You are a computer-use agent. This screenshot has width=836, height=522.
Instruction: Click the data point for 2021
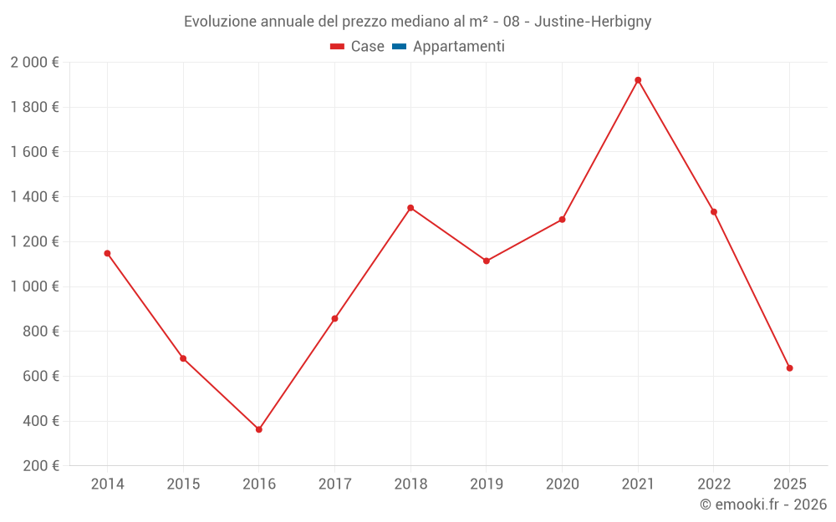(638, 80)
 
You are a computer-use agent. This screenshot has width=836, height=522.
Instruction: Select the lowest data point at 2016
(259, 429)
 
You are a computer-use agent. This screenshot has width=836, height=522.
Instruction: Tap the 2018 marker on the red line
(410, 208)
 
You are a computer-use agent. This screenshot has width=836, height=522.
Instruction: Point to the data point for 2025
(789, 368)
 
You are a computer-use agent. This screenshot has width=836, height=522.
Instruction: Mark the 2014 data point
(107, 253)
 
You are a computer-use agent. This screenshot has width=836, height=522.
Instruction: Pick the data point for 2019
(487, 261)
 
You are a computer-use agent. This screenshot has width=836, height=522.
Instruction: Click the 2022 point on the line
(714, 212)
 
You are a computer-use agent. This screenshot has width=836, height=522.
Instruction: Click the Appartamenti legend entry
(458, 47)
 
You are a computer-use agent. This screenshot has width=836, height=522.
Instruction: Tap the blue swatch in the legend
(399, 47)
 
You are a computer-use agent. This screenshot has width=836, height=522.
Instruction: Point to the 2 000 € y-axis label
(34, 63)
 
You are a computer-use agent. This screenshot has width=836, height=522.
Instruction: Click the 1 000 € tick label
(34, 286)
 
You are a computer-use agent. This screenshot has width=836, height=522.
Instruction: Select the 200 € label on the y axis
(39, 466)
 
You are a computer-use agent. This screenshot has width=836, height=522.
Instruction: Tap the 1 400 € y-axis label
(34, 197)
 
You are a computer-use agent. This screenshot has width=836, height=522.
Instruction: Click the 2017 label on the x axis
(334, 484)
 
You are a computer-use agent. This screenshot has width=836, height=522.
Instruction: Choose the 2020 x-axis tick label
(562, 484)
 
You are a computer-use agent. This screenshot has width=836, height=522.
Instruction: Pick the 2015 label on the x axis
(183, 484)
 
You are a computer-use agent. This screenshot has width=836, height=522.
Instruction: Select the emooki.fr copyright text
(763, 504)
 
